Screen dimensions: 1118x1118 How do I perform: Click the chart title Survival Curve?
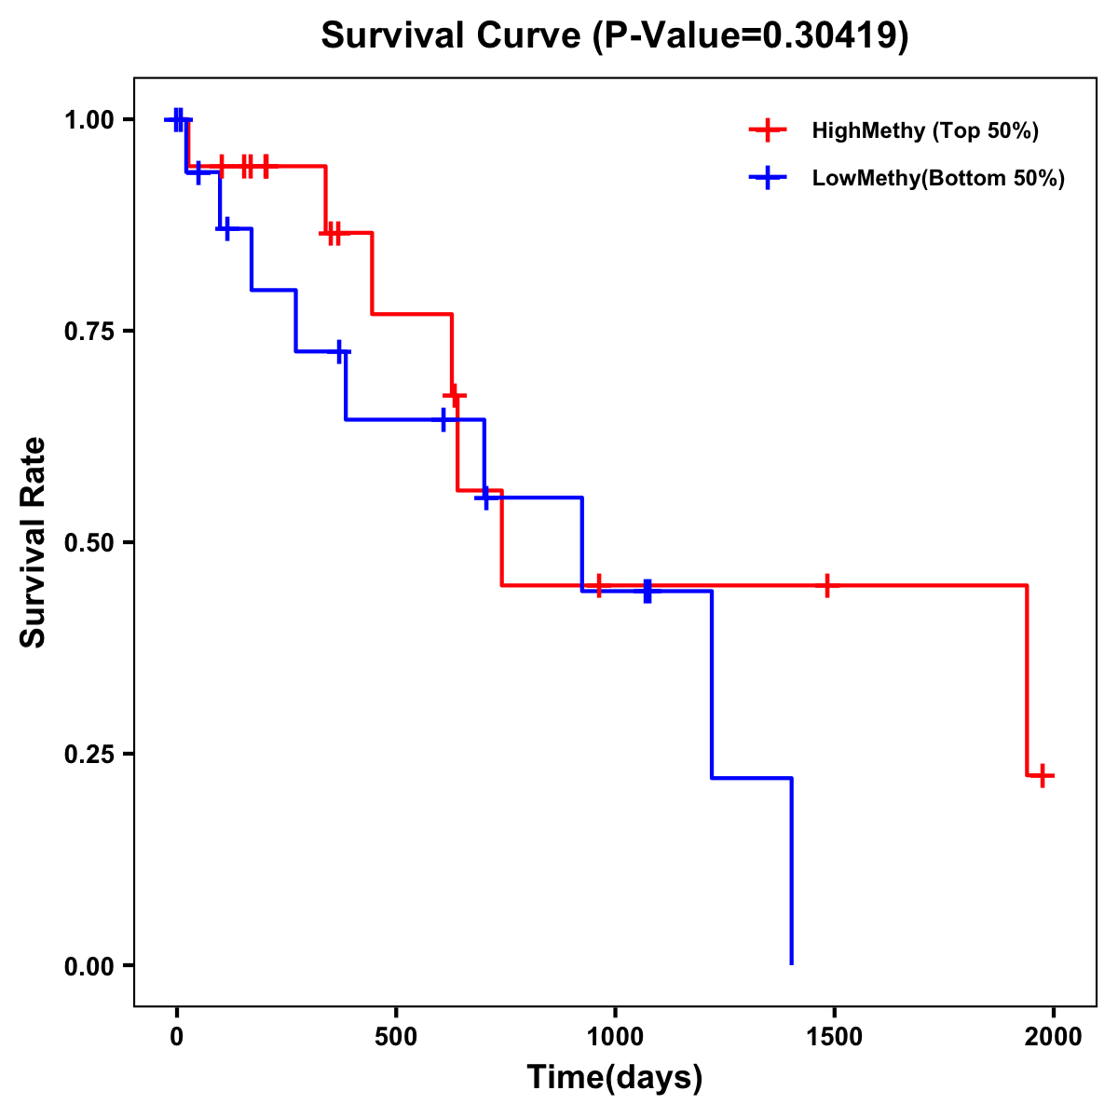tap(614, 35)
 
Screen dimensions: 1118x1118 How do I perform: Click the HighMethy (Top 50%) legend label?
tap(924, 130)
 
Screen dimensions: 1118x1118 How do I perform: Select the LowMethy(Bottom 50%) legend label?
tap(937, 178)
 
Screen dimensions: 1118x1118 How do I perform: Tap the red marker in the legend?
tap(768, 130)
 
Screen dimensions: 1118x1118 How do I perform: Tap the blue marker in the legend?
tap(768, 178)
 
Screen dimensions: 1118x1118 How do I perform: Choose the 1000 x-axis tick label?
tap(615, 1037)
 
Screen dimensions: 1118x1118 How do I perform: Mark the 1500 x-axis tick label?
tap(834, 1037)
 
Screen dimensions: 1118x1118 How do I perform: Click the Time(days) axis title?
tap(614, 1078)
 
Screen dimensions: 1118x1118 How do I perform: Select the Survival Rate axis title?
tap(34, 542)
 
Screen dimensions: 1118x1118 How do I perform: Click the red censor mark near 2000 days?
tap(1043, 775)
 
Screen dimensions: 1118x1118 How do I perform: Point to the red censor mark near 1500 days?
tap(826, 585)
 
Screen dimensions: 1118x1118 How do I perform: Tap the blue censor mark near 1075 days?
tap(647, 591)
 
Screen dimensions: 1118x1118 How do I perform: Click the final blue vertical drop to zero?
tap(791, 871)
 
